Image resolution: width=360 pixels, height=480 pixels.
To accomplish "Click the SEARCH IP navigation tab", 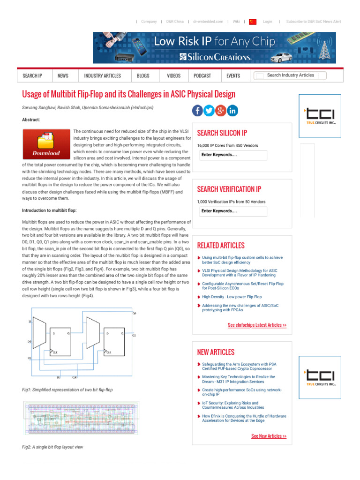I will (x=32, y=76).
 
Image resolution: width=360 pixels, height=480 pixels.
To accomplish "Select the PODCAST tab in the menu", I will (x=202, y=76).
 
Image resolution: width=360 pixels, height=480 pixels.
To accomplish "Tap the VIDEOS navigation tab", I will (x=173, y=76).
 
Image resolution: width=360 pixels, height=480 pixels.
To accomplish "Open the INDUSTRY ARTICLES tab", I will (x=102, y=76).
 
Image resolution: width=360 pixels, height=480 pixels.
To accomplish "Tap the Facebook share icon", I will (x=197, y=111).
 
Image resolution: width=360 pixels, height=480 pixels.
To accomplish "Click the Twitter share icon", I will (x=209, y=111).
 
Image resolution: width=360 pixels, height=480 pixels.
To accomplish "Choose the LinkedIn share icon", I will (x=232, y=111).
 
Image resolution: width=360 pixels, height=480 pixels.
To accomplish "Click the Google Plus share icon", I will (x=221, y=111).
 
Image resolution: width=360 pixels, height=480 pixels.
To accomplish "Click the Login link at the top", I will (x=267, y=22).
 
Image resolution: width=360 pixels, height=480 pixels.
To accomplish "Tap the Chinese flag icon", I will (x=253, y=22).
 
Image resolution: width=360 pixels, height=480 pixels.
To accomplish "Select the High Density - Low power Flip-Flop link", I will (x=232, y=297).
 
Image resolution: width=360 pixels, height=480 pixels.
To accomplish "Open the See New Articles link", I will (x=269, y=436).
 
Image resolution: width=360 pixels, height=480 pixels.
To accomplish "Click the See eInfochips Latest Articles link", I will (x=257, y=325).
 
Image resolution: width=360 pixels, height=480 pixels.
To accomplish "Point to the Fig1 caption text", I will (x=67, y=390).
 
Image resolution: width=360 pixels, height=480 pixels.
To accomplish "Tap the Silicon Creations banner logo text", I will (x=215, y=57).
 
